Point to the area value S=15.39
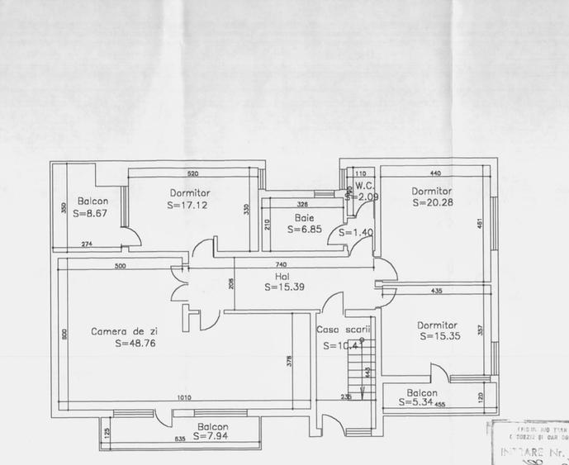(286, 287)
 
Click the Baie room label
(303, 218)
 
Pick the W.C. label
(365, 185)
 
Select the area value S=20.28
(433, 203)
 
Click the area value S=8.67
(92, 213)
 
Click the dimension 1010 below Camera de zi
(184, 398)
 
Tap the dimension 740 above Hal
(281, 263)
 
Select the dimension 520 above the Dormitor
(192, 174)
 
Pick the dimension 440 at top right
(437, 174)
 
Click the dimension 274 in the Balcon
(87, 244)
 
